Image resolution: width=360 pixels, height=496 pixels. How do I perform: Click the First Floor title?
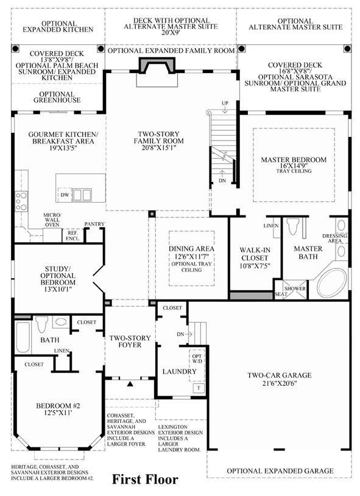coord(145,480)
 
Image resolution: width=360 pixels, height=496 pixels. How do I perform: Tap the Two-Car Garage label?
coord(279,375)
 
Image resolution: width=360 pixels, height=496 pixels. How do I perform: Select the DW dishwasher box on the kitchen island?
coord(65,195)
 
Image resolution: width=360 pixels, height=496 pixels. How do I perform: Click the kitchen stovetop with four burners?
coord(21,201)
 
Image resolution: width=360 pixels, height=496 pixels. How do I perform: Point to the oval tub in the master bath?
coord(332,283)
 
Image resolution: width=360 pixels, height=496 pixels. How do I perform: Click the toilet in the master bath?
coord(292,226)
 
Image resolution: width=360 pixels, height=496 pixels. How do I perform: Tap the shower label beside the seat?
coord(295,288)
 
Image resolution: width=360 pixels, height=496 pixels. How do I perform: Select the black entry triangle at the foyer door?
coord(130,384)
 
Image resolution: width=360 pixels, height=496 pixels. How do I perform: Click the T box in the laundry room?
coord(199,388)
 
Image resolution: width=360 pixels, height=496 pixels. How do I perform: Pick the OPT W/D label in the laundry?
coord(197,358)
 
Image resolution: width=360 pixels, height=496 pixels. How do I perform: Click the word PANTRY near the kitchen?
coord(94,224)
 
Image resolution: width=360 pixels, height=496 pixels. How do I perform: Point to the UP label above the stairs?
coord(225,103)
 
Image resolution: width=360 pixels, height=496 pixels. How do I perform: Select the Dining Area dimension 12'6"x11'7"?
coord(191,257)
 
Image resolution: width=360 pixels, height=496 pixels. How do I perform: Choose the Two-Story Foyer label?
coord(130,341)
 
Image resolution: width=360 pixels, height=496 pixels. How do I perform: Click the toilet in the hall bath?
coord(41,324)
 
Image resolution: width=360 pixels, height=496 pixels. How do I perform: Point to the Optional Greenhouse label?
coord(57,97)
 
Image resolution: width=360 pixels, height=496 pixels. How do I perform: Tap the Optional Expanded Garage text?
coord(280,471)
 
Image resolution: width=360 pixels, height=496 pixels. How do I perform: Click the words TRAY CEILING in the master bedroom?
coord(294,171)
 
